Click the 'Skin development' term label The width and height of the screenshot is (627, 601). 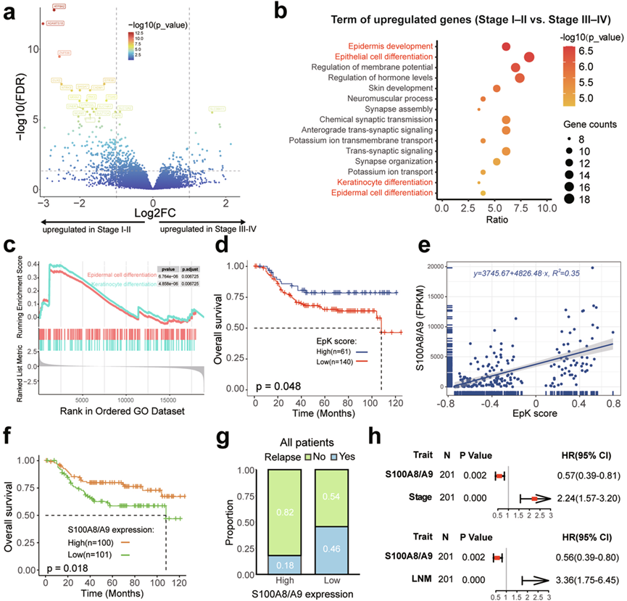point(403,88)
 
